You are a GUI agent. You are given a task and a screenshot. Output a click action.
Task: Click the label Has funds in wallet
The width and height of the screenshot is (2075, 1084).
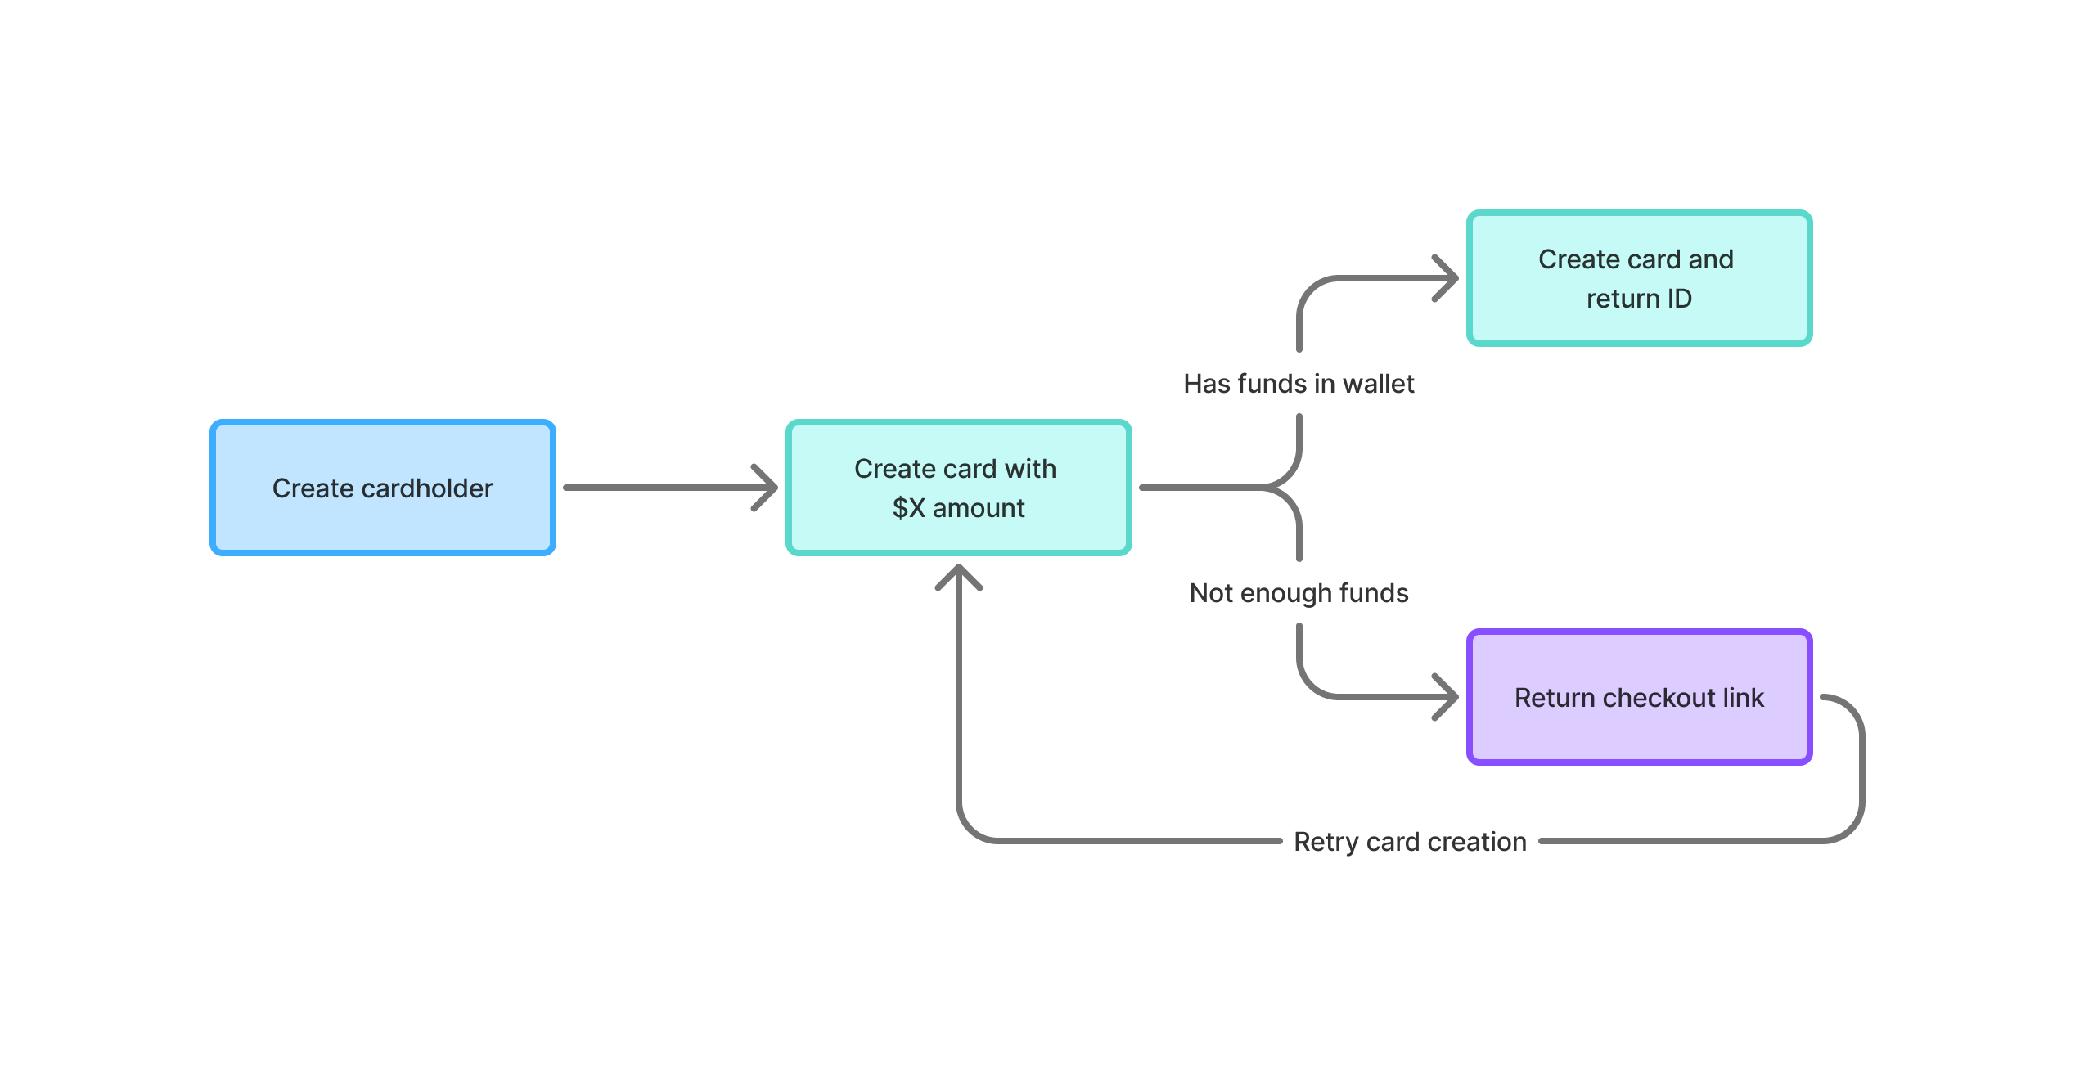click(x=1299, y=384)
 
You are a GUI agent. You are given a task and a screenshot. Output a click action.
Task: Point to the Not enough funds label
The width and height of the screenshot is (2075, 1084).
click(x=1299, y=593)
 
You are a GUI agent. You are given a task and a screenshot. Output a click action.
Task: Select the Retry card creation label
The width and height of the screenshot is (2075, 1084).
click(x=1409, y=842)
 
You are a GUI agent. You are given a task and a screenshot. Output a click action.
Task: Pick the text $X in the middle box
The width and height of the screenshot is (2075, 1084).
click(x=908, y=508)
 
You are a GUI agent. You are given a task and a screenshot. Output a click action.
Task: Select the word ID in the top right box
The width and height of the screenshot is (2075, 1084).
click(x=1679, y=299)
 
